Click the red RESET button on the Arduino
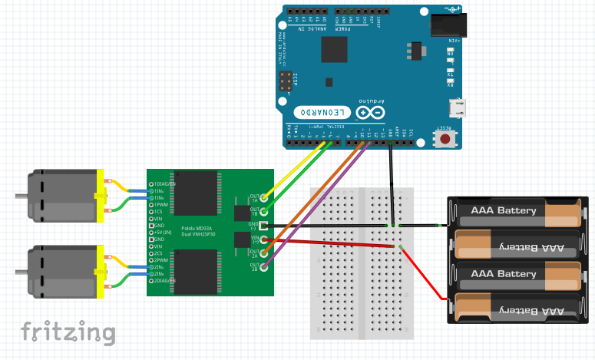[x=444, y=139]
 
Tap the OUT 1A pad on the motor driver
[x=264, y=197]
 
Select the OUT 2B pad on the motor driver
[x=264, y=266]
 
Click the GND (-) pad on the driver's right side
[x=264, y=226]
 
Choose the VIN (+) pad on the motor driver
[x=264, y=239]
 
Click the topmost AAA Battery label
[x=504, y=210]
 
